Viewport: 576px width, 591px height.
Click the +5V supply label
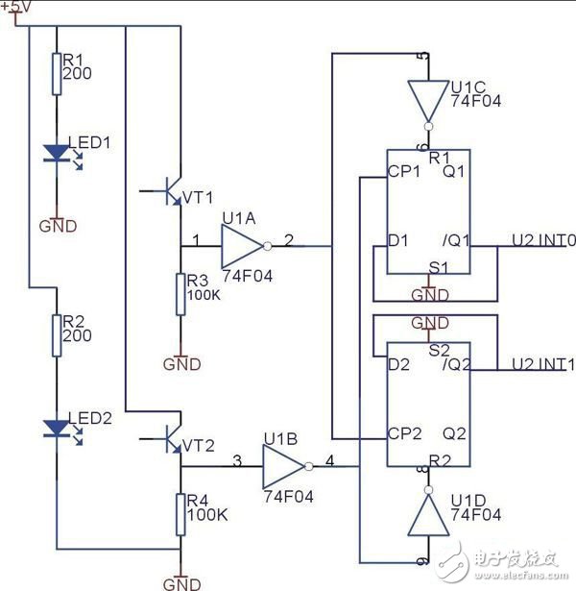tap(18, 8)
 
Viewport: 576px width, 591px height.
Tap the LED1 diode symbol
tap(56, 153)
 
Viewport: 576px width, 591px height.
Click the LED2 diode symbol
tap(56, 428)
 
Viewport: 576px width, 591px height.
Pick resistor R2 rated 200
tap(56, 334)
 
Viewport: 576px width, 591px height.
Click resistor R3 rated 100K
tap(180, 293)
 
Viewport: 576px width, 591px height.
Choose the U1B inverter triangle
tap(282, 467)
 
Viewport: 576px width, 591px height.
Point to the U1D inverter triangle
tap(426, 516)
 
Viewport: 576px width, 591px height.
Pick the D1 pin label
tap(398, 239)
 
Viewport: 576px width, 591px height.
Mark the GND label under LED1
tap(56, 227)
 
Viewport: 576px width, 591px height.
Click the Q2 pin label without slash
tap(456, 431)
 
